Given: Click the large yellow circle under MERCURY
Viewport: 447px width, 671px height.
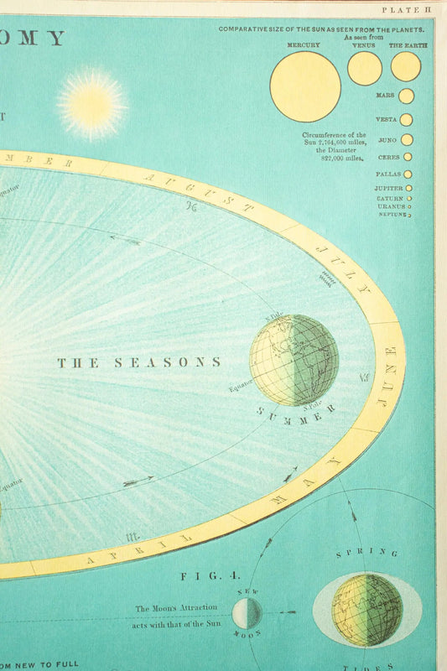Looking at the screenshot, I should [305, 86].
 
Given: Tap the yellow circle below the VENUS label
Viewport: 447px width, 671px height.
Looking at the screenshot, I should [365, 69].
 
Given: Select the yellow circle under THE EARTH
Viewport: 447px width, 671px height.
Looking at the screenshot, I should [406, 67].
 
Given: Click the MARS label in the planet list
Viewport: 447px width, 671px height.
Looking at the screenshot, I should [386, 96].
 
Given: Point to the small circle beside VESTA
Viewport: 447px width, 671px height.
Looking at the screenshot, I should [406, 120].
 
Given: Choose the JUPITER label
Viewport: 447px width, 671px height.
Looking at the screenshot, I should [389, 189].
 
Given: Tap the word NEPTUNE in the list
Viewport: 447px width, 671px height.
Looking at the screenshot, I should [392, 215].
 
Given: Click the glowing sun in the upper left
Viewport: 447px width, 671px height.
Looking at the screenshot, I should [92, 104].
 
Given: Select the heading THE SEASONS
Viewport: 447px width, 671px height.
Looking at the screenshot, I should [139, 362].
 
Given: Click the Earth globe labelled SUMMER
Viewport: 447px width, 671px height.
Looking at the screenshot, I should [294, 360].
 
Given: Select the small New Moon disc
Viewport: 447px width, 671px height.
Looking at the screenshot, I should [247, 613].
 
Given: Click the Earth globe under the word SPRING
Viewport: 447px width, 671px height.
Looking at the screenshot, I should [366, 610].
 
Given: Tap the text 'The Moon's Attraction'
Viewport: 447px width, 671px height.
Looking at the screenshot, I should [176, 607].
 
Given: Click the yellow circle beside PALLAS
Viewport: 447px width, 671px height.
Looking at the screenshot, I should [408, 174].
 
